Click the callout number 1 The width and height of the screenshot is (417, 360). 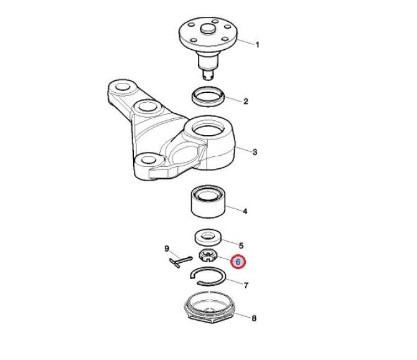(x=257, y=44)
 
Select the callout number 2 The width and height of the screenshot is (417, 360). (x=246, y=101)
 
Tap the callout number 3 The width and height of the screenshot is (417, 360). (x=255, y=152)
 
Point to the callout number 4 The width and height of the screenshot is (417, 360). (x=245, y=211)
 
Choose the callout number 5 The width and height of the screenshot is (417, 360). (x=241, y=245)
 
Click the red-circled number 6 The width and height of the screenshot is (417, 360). (x=238, y=262)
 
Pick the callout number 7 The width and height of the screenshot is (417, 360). (x=246, y=285)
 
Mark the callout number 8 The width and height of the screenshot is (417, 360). (x=254, y=318)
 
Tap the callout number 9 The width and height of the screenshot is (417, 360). (x=167, y=249)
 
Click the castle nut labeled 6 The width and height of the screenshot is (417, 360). (x=208, y=255)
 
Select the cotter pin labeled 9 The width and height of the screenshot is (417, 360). (x=180, y=262)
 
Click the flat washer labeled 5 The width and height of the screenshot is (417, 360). (x=208, y=237)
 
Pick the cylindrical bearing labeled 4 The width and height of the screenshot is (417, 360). (x=208, y=201)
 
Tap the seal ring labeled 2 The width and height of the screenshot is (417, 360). (x=208, y=97)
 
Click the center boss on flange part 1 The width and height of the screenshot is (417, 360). (x=208, y=29)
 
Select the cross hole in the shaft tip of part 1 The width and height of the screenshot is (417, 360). (x=209, y=77)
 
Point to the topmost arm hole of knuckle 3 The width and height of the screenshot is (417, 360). (x=123, y=87)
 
